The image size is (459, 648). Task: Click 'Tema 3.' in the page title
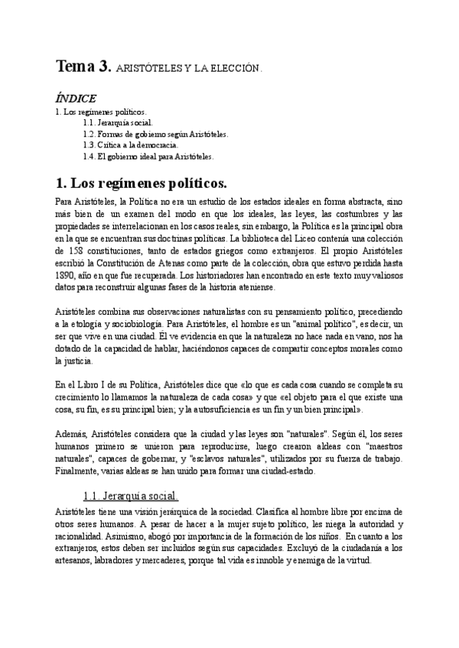(x=83, y=66)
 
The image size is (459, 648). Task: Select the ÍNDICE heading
(x=76, y=99)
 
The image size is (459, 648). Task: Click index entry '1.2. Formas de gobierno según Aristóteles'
(x=156, y=133)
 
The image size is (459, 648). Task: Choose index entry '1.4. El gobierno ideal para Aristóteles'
(x=148, y=156)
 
